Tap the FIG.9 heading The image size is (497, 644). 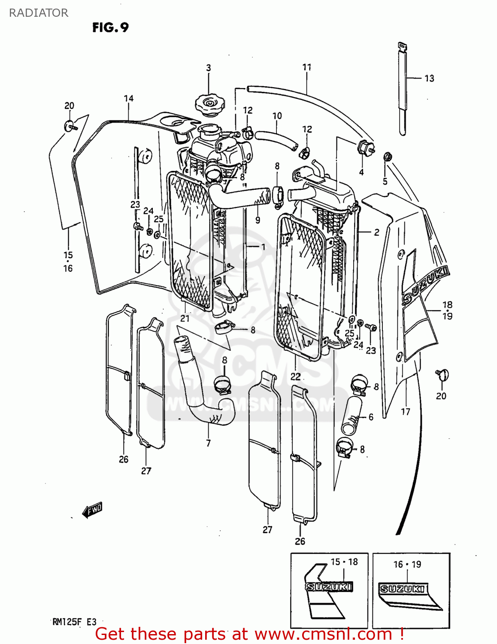(110, 28)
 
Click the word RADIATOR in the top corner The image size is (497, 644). (39, 13)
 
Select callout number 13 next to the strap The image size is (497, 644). (429, 78)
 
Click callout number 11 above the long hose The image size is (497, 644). (306, 67)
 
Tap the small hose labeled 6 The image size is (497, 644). (352, 415)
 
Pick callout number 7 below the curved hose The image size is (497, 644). (208, 443)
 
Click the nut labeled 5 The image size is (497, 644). (386, 157)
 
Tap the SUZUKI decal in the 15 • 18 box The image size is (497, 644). (329, 586)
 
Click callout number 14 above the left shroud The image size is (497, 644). (129, 98)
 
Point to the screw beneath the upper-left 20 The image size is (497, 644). (71, 126)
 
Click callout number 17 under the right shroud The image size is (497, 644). (405, 412)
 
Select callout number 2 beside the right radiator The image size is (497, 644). (376, 232)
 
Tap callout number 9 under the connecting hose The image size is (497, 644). (258, 220)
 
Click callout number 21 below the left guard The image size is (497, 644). (185, 318)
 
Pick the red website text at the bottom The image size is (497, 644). (249, 634)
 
